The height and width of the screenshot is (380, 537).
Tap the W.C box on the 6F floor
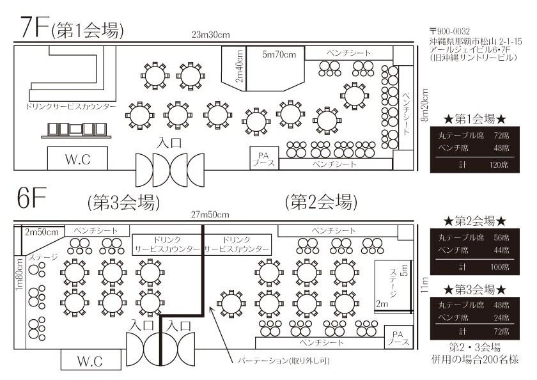click(x=90, y=360)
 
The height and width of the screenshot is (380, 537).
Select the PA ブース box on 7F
click(x=263, y=158)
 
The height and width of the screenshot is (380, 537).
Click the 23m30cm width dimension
click(x=210, y=35)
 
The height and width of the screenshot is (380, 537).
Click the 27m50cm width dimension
click(x=210, y=214)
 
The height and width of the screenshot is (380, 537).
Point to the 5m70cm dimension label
click(x=279, y=55)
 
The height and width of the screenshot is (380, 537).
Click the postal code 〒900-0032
click(x=449, y=31)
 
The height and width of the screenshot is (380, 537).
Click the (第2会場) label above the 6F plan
click(x=320, y=202)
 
